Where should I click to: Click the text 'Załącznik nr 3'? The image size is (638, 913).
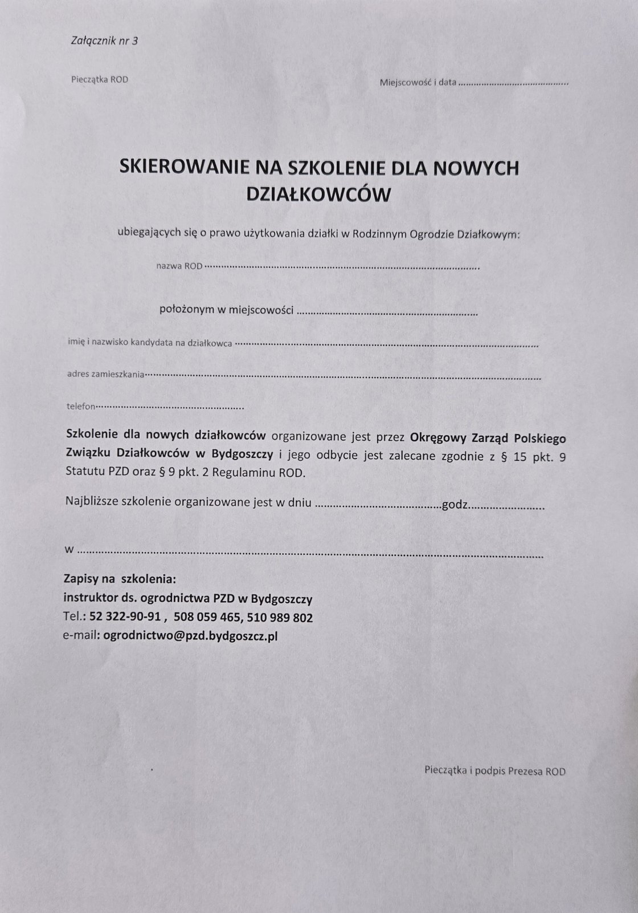104,40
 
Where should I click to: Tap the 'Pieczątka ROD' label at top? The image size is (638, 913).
100,80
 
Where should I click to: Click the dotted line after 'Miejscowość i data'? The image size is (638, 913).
513,83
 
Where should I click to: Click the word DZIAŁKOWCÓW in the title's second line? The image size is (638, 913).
319,194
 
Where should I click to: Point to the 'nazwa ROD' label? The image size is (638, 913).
179,266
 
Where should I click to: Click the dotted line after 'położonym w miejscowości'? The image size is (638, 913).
387,313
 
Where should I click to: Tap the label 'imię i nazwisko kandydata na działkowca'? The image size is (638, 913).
149,343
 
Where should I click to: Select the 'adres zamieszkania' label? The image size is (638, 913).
105,375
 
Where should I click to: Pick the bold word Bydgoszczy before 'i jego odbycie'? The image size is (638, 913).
243,455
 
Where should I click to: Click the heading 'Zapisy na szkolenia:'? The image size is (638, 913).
120,579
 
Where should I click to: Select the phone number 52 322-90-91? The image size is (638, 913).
128,617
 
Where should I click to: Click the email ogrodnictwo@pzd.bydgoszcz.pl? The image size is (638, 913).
190,636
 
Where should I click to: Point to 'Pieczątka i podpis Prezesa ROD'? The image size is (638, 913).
495,771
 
